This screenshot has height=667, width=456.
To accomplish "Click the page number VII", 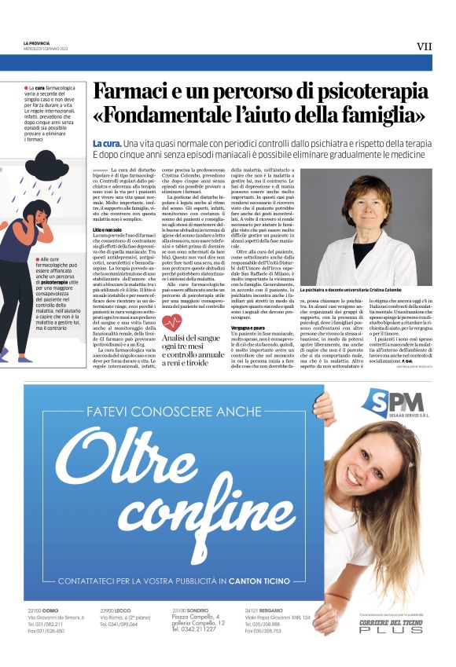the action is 424,46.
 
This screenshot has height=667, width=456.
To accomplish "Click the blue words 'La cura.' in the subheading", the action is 106,145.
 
